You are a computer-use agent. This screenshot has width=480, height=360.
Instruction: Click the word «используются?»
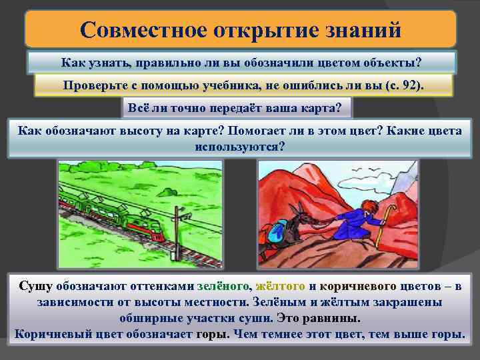pos(239,145)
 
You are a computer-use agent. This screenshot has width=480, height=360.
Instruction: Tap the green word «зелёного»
pos(223,287)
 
